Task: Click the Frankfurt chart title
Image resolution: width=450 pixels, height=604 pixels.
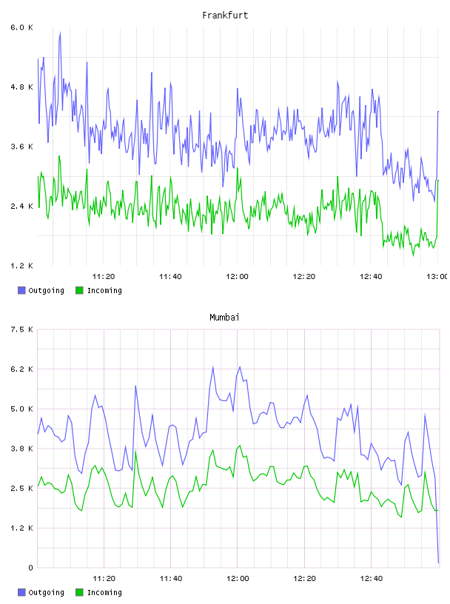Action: click(x=225, y=16)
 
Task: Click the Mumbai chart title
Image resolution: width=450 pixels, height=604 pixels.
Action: click(x=224, y=318)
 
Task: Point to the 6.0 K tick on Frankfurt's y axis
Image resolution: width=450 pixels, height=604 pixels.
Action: click(x=21, y=27)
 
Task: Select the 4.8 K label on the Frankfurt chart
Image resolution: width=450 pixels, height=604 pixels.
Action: click(x=21, y=87)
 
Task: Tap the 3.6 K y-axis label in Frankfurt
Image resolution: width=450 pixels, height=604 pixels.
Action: click(x=21, y=147)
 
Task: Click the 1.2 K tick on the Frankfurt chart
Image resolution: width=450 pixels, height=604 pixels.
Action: click(x=21, y=266)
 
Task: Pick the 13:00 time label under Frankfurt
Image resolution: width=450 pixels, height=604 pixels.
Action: click(x=437, y=277)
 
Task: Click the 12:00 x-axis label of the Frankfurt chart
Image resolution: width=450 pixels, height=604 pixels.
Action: click(x=237, y=277)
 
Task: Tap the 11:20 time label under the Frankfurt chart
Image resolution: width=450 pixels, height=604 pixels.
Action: click(x=104, y=277)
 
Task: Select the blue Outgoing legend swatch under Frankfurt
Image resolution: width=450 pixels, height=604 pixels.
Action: click(x=21, y=290)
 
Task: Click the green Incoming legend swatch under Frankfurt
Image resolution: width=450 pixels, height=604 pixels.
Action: click(x=79, y=290)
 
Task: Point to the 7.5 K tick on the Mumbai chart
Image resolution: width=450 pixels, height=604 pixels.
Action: click(x=21, y=329)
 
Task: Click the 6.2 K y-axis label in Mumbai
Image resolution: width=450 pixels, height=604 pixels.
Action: click(x=21, y=369)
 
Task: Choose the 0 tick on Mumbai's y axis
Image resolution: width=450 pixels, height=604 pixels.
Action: click(x=30, y=568)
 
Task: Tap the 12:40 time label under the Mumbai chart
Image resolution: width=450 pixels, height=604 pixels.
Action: click(x=371, y=579)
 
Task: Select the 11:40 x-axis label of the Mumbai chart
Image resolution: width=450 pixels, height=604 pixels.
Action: click(x=171, y=579)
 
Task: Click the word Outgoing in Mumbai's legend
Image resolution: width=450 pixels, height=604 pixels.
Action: click(x=46, y=592)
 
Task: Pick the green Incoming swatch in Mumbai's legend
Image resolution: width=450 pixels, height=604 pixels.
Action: click(x=79, y=592)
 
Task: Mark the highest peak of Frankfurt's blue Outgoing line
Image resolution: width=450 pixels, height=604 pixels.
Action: click(x=60, y=33)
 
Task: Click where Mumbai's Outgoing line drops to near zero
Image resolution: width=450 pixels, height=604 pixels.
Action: click(x=438, y=563)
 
